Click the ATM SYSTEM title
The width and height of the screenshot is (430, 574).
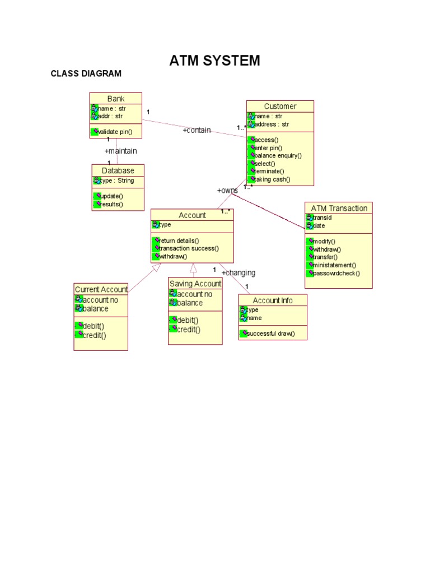[x=214, y=61]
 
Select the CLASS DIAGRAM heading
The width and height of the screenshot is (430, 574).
[x=86, y=73]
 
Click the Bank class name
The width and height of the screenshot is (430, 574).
[x=116, y=99]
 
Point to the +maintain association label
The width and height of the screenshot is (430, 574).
[x=120, y=151]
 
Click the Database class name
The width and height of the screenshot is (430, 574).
[x=118, y=170]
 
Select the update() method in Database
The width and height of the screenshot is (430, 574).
[x=111, y=196]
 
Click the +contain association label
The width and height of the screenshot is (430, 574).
[x=197, y=130]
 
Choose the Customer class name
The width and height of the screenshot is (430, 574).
[x=280, y=107]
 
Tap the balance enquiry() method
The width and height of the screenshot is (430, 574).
[x=278, y=155]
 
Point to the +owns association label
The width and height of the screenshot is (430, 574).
[x=227, y=191]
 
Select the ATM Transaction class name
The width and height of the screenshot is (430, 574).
[x=339, y=208]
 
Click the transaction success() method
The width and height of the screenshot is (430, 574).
[x=189, y=248]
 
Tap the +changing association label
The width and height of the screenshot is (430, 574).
[x=239, y=272]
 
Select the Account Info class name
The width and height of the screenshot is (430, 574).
[x=272, y=300]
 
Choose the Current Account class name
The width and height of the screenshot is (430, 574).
[x=101, y=289]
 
